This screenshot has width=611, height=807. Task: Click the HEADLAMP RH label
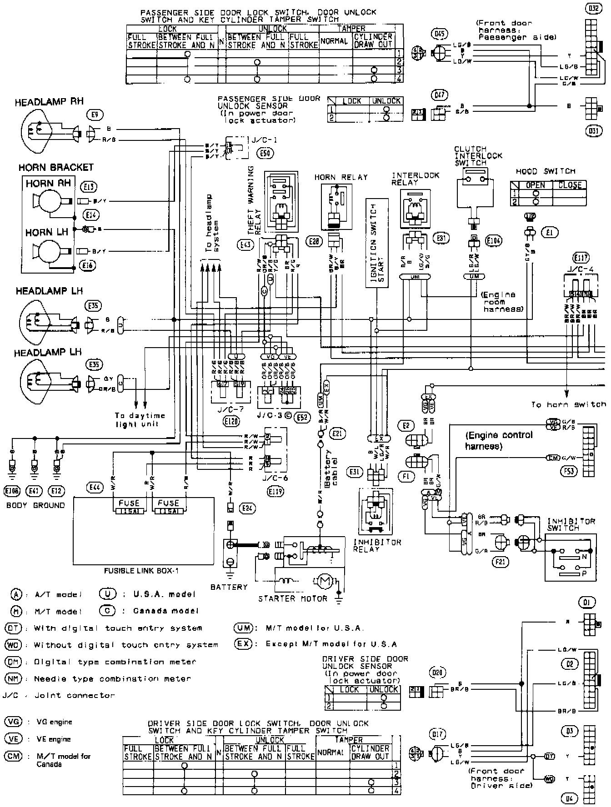49,102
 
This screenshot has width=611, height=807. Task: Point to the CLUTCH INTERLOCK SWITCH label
478,155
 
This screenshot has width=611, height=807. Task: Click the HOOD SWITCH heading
546,171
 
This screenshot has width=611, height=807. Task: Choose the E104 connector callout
493,241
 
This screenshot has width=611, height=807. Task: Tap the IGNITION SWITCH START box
377,243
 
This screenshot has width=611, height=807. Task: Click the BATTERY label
229,587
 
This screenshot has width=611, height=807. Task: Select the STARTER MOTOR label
292,598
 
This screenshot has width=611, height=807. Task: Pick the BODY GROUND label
35,505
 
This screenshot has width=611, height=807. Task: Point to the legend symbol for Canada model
107,611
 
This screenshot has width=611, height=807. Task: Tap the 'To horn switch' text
568,404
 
